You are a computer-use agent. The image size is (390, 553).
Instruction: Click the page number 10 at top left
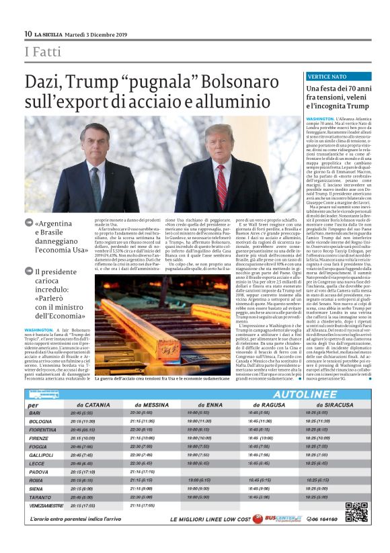pos(28,34)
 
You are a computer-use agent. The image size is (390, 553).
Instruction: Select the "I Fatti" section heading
pos(40,53)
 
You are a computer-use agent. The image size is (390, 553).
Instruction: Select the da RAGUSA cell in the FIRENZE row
pos(260,437)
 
